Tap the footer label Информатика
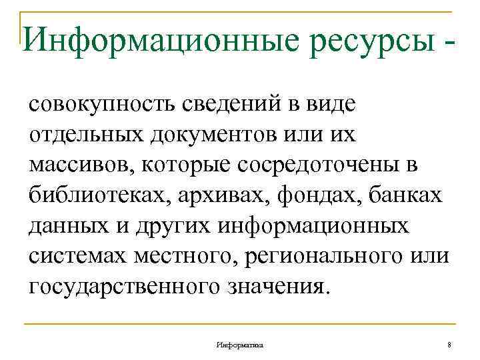[x=239, y=344]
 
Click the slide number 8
[x=449, y=344]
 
